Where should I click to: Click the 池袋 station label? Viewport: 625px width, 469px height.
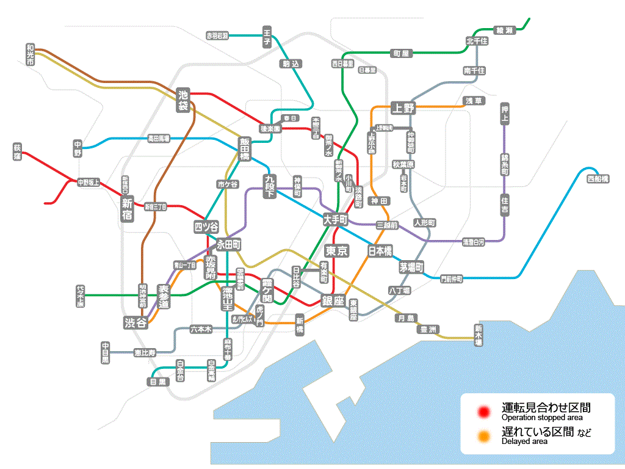(x=183, y=100)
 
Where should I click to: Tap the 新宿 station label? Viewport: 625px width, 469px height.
(x=127, y=209)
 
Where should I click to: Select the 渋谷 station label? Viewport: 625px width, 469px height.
(x=135, y=323)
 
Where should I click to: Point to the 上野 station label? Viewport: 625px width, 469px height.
(x=403, y=108)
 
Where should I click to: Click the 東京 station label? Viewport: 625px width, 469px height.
(x=336, y=251)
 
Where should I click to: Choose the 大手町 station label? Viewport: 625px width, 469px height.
(x=335, y=219)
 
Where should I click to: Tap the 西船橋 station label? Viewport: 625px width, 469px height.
(x=598, y=179)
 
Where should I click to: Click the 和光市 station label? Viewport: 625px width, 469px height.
(x=30, y=54)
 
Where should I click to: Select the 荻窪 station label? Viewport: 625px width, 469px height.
(x=17, y=152)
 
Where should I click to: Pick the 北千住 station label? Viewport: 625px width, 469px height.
(x=477, y=41)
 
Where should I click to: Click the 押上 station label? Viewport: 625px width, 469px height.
(x=504, y=114)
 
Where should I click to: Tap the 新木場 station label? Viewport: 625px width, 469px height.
(x=478, y=335)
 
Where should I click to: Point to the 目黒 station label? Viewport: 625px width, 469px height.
(x=157, y=382)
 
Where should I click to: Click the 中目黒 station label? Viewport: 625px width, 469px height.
(x=105, y=353)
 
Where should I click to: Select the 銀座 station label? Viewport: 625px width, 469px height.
(x=333, y=300)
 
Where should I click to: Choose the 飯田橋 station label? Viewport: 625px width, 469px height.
(x=244, y=148)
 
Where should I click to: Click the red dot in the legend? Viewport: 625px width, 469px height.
(x=485, y=412)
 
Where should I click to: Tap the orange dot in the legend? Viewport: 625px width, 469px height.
(x=485, y=436)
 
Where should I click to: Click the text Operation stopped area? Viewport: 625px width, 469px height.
(x=542, y=418)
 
